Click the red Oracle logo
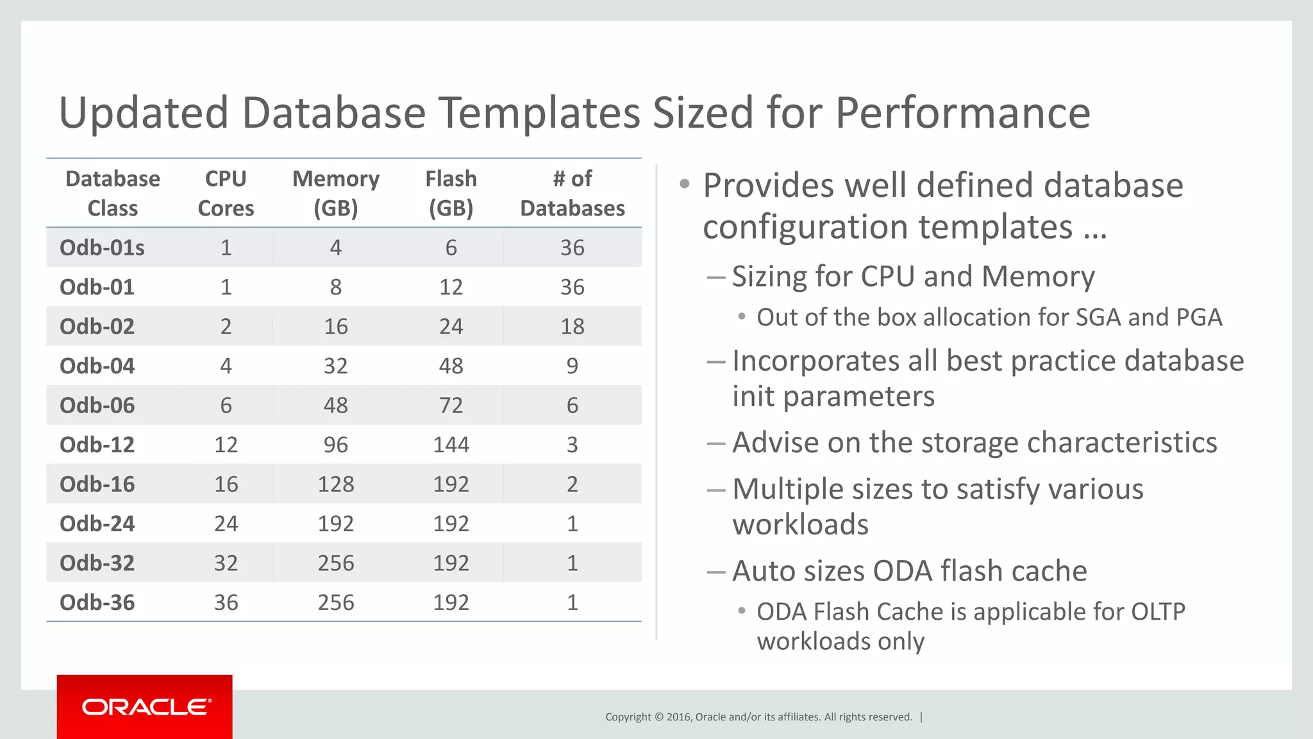145,706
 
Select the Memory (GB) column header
335,193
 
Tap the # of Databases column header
572,193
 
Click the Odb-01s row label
102,248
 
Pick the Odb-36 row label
97,602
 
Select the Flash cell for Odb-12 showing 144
451,445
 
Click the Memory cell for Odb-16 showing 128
335,484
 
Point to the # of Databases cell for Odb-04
572,366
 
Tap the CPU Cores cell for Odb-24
226,523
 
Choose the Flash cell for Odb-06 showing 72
451,405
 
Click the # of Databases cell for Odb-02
572,327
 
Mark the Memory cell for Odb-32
335,563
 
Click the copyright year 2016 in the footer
678,717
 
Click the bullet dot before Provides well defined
684,185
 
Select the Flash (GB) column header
451,193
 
